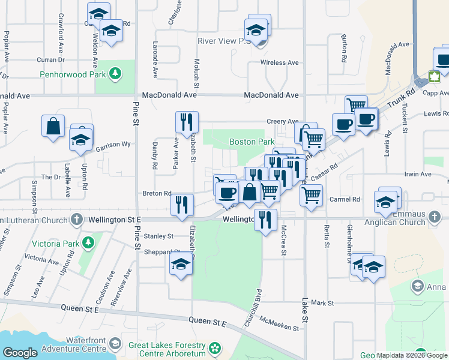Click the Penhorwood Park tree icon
115,74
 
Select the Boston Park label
252,142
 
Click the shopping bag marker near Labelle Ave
53,127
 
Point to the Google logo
20,353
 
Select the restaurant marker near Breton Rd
182,204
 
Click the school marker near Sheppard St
181,264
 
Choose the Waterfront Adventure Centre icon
113,344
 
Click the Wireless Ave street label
279,62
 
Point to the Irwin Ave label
418,175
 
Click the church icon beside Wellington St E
76,220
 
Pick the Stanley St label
158,236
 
